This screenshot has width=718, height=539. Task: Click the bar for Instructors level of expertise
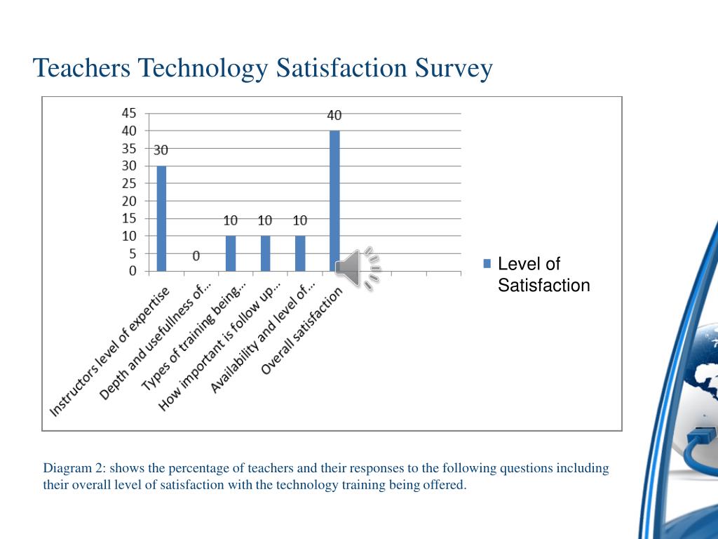tap(161, 218)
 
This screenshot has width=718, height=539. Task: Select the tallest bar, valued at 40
tap(334, 201)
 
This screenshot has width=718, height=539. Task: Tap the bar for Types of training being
tap(231, 253)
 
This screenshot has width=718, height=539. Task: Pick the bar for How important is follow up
tap(265, 253)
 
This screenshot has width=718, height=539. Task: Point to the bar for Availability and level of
tap(300, 253)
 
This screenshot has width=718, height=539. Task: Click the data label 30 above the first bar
tap(161, 150)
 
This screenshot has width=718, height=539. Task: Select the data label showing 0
tap(196, 255)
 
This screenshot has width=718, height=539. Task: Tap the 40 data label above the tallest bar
tap(334, 115)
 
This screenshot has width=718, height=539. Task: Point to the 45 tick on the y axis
tap(129, 113)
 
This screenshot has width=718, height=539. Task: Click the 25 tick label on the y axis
tap(129, 183)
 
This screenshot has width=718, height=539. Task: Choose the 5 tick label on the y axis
tap(133, 253)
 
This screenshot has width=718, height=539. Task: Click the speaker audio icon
tap(358, 268)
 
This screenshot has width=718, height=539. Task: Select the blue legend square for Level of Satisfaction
tap(487, 264)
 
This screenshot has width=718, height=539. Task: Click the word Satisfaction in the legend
tap(544, 285)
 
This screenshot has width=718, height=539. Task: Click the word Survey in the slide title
tap(454, 68)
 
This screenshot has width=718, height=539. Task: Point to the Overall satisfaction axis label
tap(302, 331)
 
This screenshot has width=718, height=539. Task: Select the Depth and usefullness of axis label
tap(155, 342)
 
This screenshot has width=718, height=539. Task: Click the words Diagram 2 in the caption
tap(74, 468)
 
